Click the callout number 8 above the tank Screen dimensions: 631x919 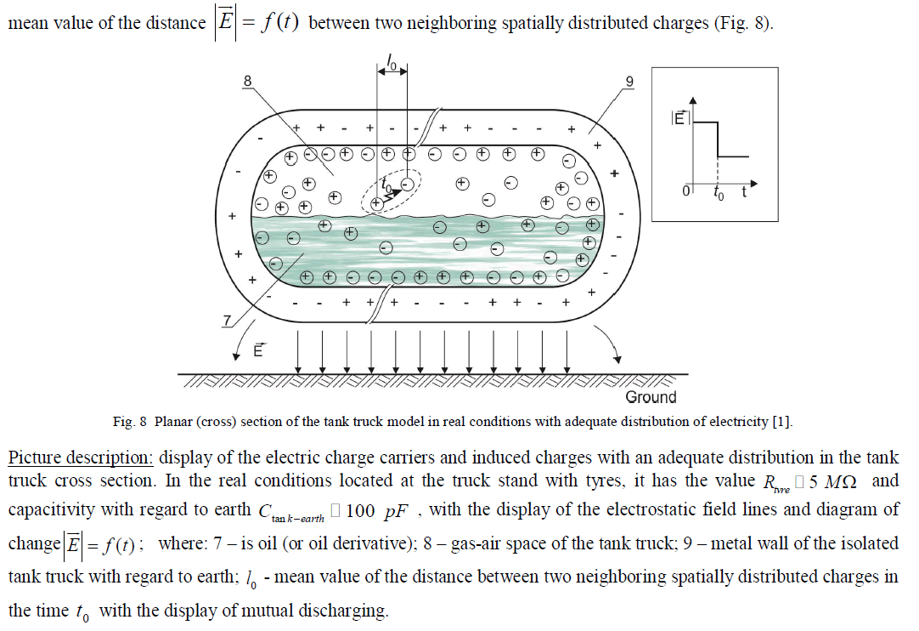[247, 81]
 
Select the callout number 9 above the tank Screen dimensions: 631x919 [629, 81]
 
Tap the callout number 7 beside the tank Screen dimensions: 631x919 [227, 320]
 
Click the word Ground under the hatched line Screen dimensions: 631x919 [651, 396]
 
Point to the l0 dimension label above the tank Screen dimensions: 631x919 [392, 62]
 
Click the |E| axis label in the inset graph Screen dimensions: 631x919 [678, 119]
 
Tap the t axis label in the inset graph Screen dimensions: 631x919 [743, 192]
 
